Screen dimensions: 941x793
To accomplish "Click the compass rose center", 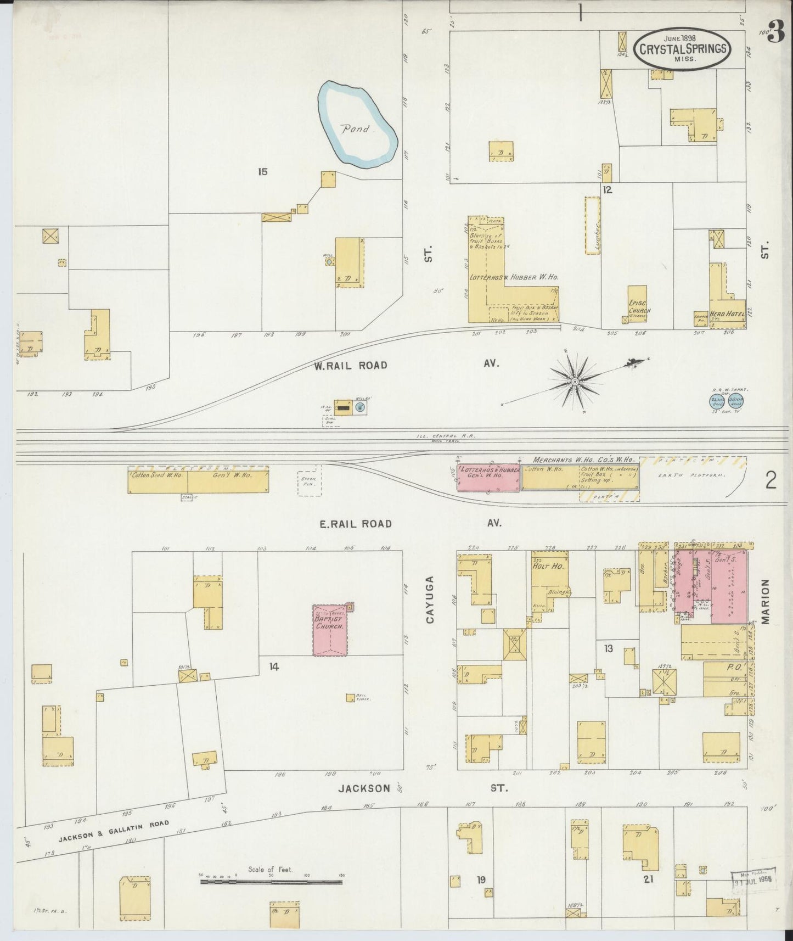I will click(575, 381).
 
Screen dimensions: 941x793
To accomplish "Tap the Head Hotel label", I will click(728, 313).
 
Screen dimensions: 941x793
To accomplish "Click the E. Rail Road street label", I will click(355, 524).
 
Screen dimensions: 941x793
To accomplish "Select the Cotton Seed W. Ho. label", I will click(157, 475).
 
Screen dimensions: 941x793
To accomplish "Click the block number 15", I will click(262, 172).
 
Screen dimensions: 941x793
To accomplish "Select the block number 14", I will click(274, 667).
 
